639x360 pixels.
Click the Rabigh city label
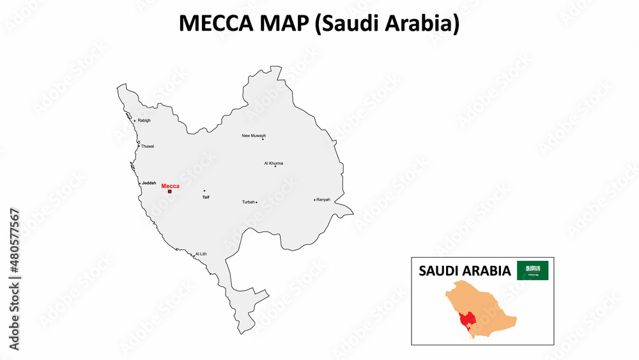(144, 120)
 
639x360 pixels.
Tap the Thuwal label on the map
(148, 146)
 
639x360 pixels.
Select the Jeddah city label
(149, 183)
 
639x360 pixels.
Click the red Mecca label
(171, 185)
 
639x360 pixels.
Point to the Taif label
(206, 197)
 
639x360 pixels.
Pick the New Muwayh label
(254, 136)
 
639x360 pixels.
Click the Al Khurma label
(273, 163)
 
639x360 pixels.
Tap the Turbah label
(248, 202)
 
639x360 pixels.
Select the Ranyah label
(323, 200)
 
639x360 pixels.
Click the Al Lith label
(201, 254)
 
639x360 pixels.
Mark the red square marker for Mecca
(170, 191)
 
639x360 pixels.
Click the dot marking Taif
(204, 191)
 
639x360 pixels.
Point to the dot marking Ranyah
(315, 200)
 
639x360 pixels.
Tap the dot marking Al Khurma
(275, 166)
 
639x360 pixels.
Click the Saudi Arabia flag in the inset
(532, 270)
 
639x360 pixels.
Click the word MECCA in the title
(211, 23)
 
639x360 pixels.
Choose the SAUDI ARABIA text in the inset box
(465, 271)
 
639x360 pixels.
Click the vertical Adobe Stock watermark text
(14, 279)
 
